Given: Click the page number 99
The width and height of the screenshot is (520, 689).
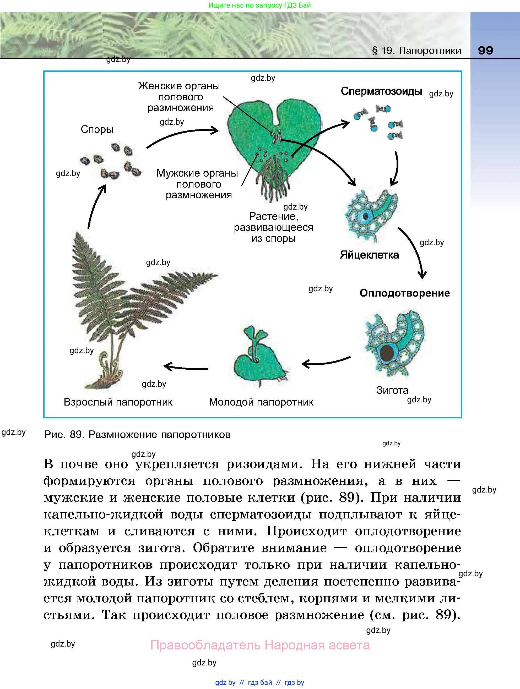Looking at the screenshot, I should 485,51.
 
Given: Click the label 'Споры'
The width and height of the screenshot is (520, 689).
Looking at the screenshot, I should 97,129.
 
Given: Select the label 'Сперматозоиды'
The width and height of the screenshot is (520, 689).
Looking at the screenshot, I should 381,91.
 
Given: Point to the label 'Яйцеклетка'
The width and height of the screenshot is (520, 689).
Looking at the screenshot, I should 369,255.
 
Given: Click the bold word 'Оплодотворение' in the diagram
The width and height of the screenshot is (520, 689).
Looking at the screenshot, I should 404,293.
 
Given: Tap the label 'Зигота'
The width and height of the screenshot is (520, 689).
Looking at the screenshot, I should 392,390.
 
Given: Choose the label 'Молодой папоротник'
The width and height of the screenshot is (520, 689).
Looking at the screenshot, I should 261,402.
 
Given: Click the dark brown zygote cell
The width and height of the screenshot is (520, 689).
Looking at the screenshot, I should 387,353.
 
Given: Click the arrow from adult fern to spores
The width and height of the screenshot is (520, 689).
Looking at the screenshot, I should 95,206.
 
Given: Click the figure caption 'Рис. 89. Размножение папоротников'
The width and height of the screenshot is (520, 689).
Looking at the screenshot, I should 137,435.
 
